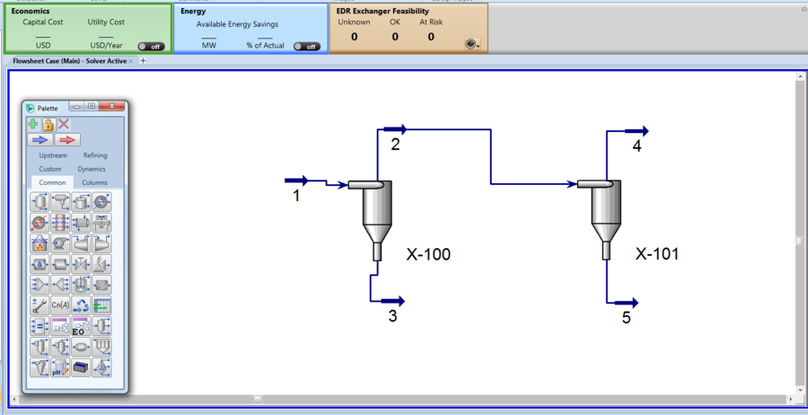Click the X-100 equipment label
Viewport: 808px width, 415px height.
pos(427,254)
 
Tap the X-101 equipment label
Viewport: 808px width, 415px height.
pos(657,254)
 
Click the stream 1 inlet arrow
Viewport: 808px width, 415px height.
pos(296,181)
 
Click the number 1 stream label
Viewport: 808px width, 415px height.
pos(295,195)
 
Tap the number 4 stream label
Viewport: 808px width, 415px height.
pos(637,146)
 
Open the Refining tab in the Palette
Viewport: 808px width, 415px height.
pos(95,155)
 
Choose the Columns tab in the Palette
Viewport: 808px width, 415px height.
pos(95,182)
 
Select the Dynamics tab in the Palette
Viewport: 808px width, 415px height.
pos(91,169)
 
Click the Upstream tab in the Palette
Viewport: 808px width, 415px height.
pos(53,155)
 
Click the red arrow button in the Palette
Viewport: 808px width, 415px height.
pos(67,140)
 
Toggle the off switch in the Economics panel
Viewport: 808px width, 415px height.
pos(150,46)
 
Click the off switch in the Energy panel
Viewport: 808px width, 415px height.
pos(306,46)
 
